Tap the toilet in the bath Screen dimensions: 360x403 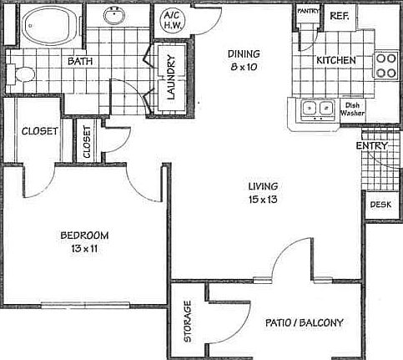(23, 75)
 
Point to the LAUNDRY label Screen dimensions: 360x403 (170, 78)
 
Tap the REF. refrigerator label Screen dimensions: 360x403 (339, 15)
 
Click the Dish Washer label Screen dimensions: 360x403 (350, 109)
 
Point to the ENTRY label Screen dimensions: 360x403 (370, 146)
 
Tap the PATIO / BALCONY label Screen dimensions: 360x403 (304, 322)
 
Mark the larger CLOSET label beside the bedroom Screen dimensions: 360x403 (38, 130)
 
